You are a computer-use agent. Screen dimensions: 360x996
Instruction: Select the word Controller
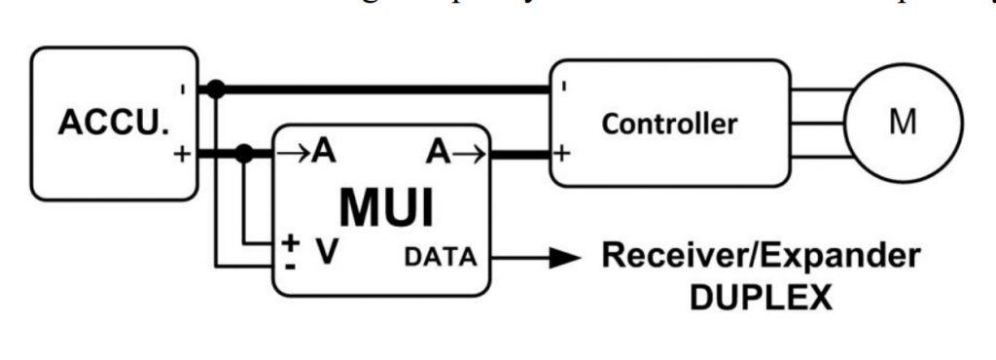(669, 125)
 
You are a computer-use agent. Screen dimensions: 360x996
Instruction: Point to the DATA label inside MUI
(441, 258)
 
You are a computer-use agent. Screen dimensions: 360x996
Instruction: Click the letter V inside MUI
(328, 252)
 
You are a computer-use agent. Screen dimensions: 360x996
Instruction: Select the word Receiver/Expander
(760, 258)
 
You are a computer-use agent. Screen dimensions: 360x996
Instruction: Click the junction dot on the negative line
(216, 90)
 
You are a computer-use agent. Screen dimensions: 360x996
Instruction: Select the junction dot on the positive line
(246, 153)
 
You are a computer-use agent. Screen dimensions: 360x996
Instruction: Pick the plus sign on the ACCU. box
(182, 154)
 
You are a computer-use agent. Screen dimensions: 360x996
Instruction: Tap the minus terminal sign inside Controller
(564, 87)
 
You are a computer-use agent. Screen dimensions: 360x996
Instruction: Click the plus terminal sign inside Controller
(563, 154)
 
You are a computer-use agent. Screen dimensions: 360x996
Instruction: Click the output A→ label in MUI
(451, 152)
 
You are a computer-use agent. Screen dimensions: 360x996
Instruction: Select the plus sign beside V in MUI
(290, 242)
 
